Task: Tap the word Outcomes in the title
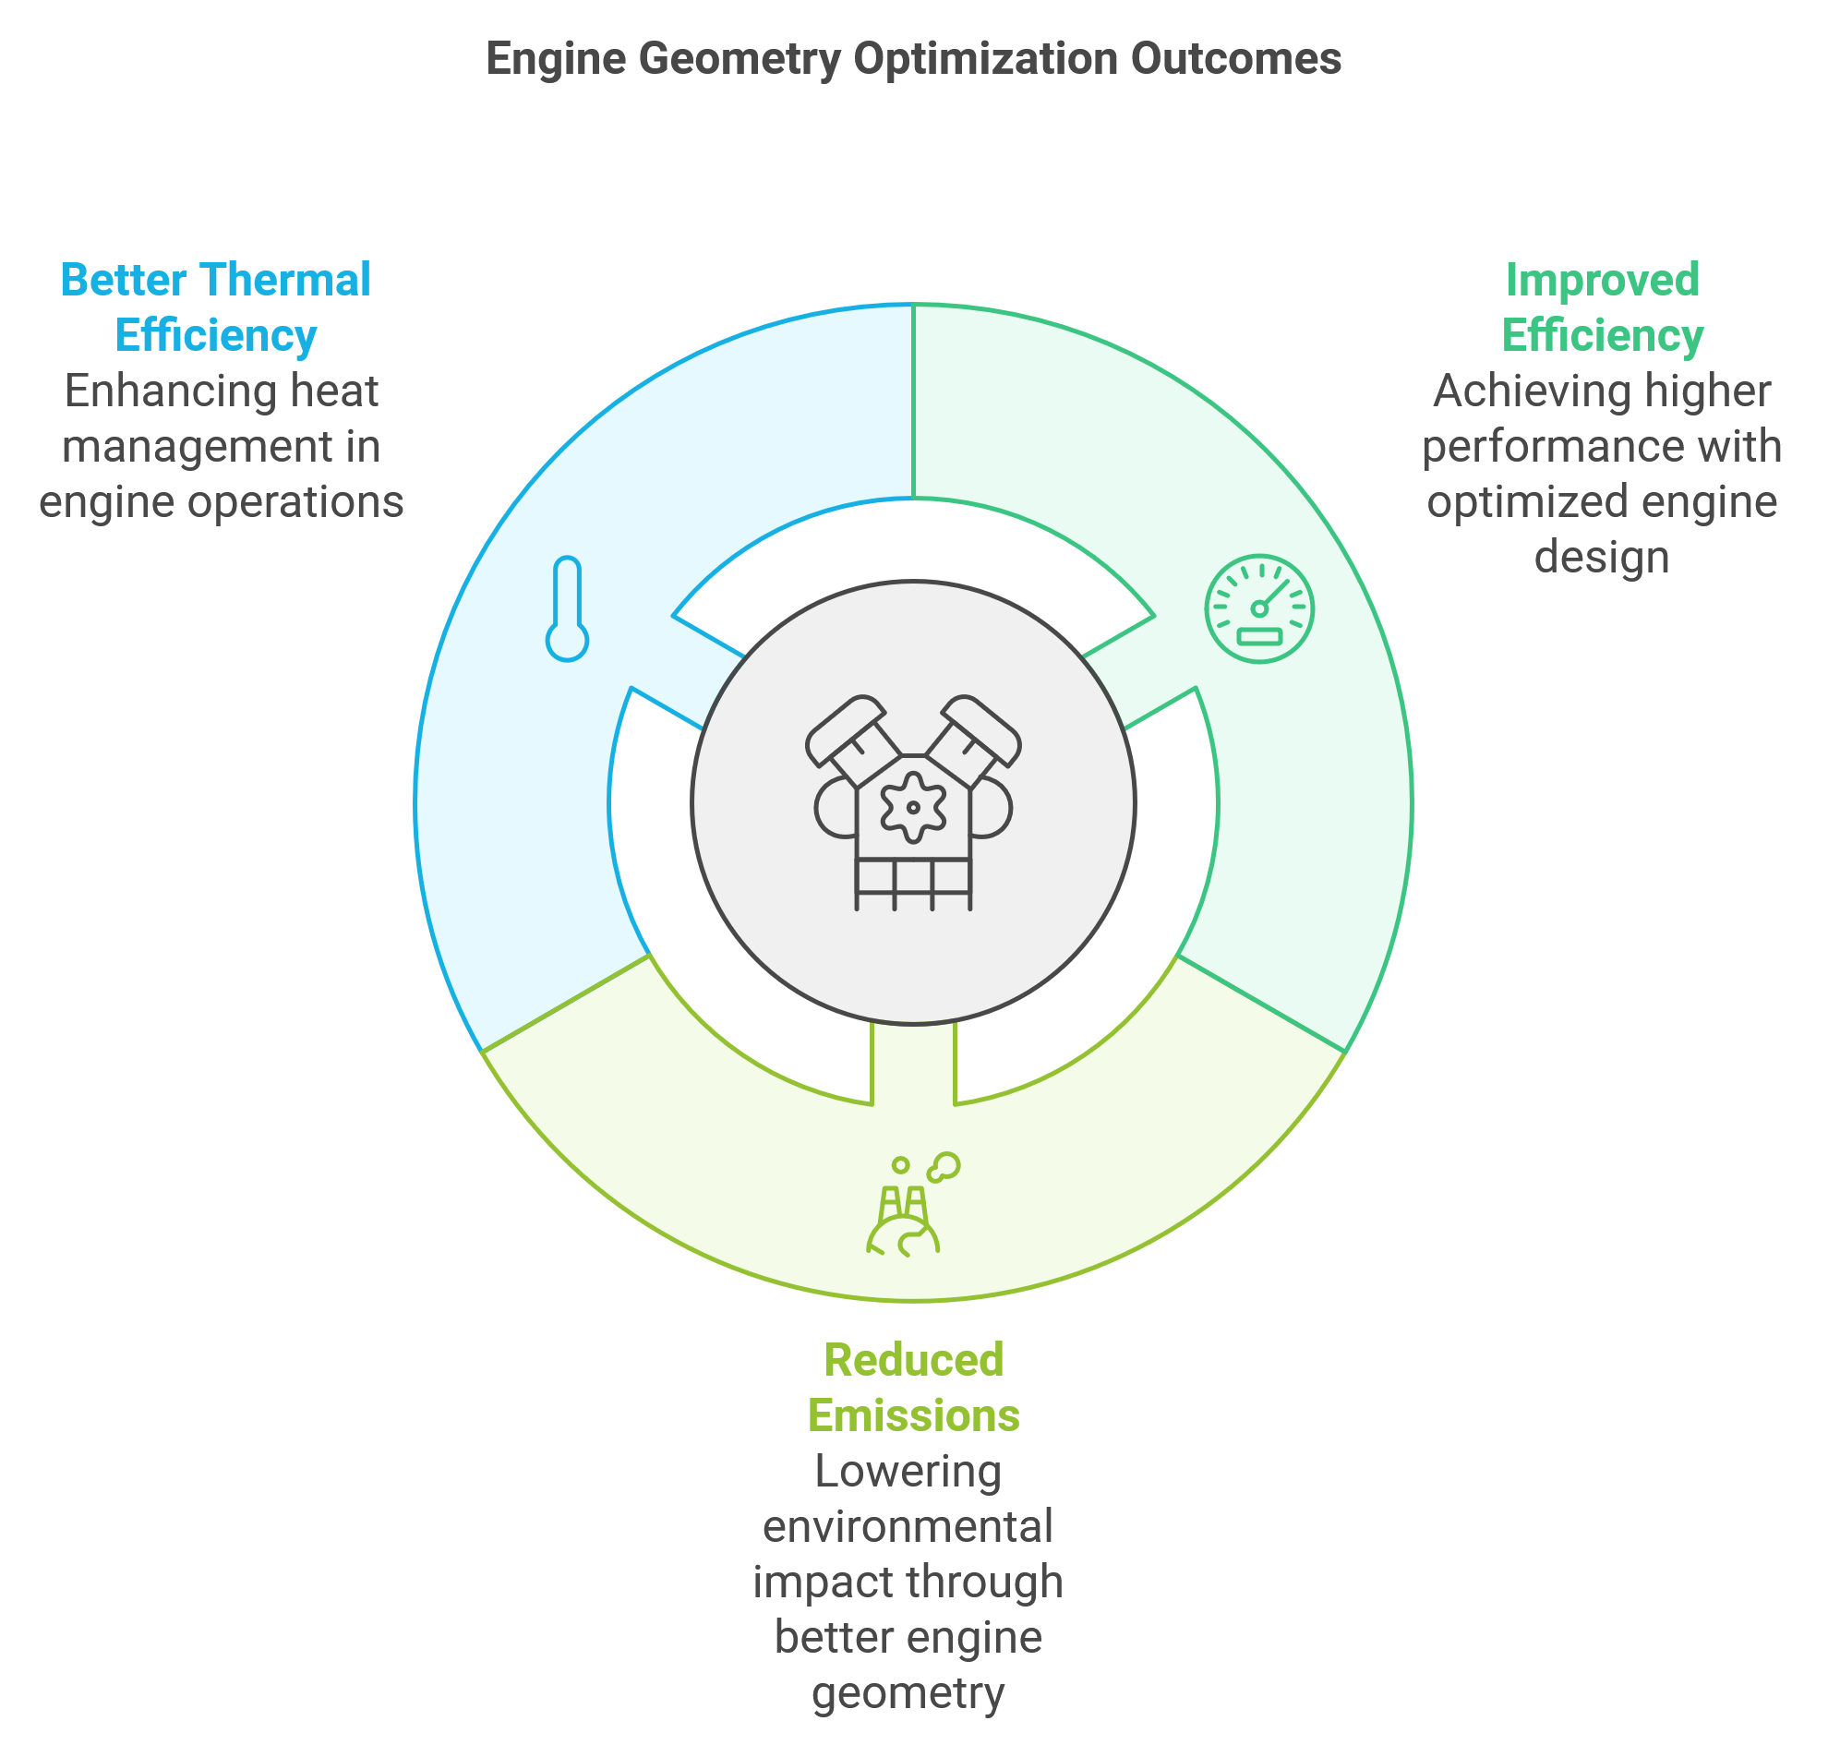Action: pos(1235,58)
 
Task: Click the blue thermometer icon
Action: pos(567,608)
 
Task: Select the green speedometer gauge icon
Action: pos(1258,608)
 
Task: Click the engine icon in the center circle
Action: pos(912,801)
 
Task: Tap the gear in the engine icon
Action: pos(912,806)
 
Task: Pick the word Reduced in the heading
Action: pos(913,1360)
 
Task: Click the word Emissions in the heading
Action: pos(913,1415)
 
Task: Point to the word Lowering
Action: pos(908,1473)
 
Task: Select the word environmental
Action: pos(908,1526)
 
